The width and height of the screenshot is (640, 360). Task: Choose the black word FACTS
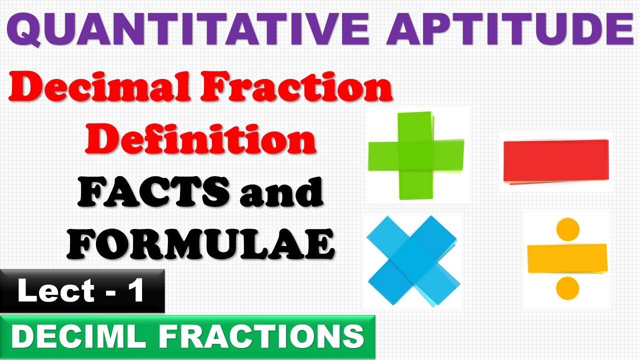click(150, 192)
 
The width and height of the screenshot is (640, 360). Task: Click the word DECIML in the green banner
click(75, 337)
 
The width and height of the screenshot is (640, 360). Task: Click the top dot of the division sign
click(567, 229)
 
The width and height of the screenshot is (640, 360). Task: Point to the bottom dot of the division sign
click(567, 287)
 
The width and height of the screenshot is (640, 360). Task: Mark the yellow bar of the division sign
click(567, 258)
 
